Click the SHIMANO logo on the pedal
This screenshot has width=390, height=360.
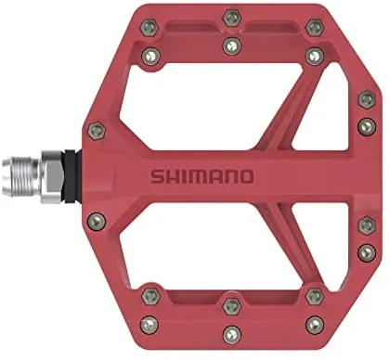[x=202, y=176]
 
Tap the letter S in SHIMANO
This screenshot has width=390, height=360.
[x=157, y=176]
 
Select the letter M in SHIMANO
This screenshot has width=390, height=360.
[x=199, y=176]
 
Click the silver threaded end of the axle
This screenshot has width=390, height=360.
[x=21, y=177]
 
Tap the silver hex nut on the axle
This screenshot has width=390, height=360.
[x=52, y=177]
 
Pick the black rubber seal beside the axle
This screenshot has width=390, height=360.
[x=73, y=177]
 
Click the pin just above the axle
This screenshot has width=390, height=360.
[x=97, y=130]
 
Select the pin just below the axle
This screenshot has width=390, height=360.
[x=97, y=222]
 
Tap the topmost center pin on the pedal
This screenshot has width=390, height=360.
[x=232, y=18]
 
